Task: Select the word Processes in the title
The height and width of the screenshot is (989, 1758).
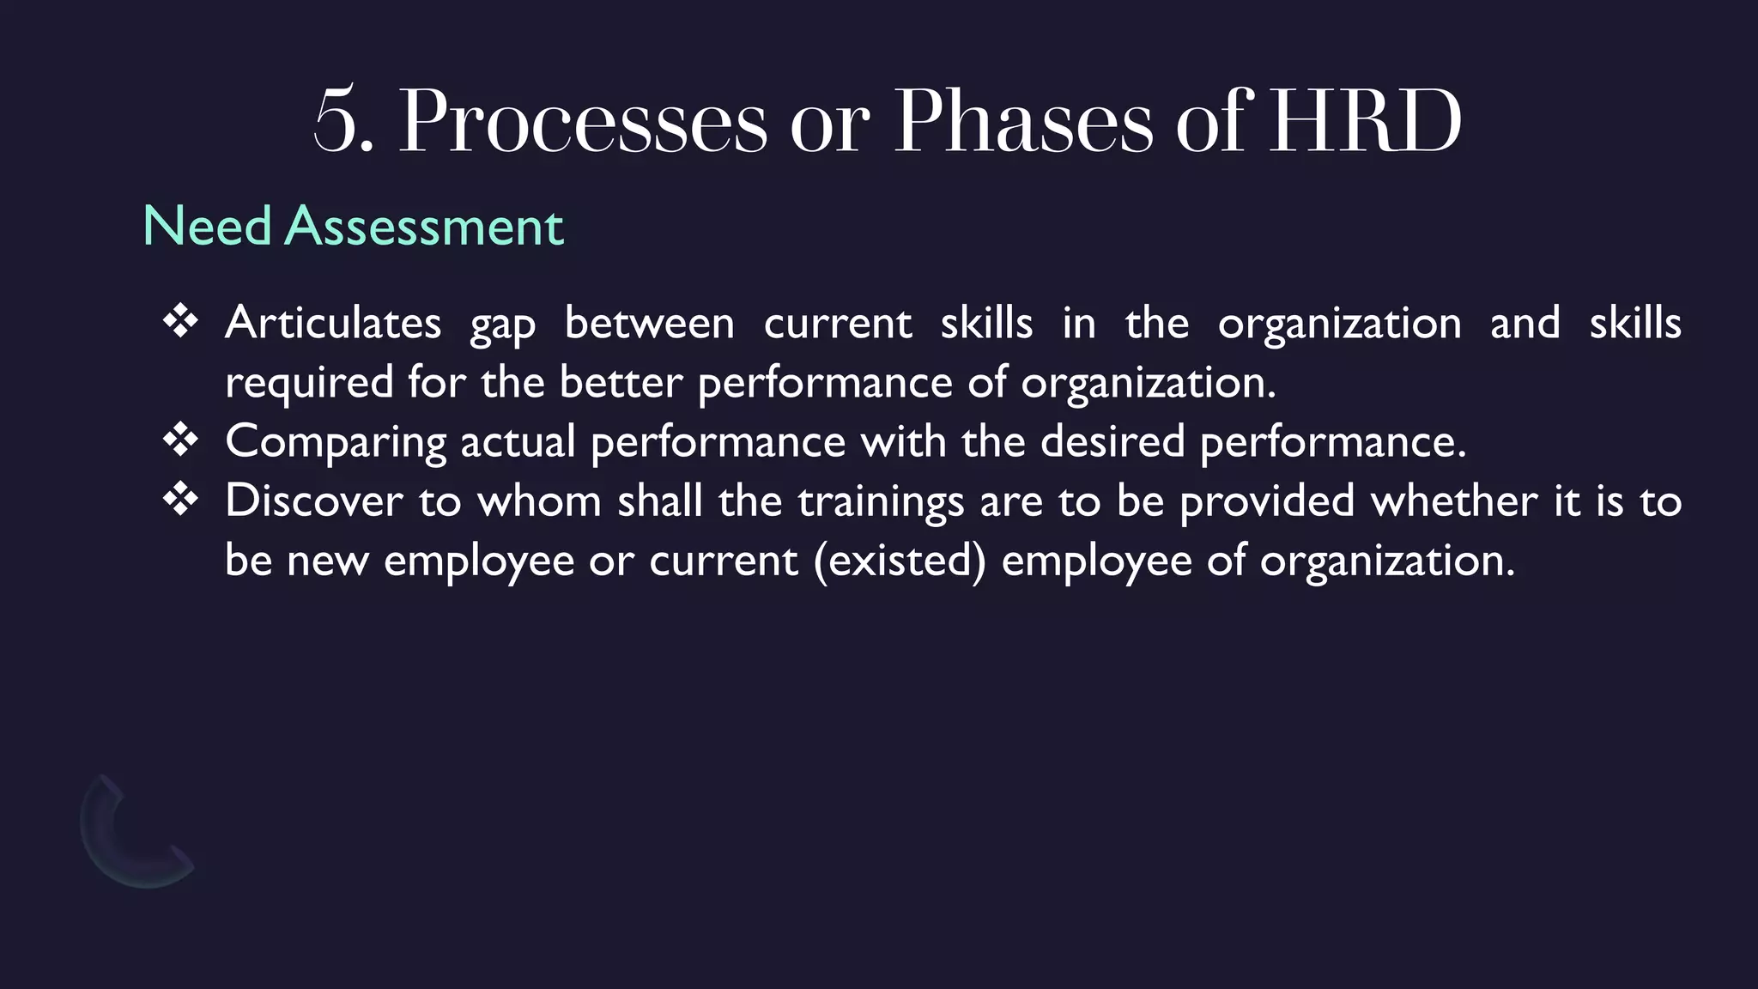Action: [x=583, y=122]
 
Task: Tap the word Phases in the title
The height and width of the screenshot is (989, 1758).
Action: [x=1023, y=122]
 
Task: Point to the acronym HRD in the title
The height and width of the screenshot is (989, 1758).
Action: [x=1365, y=122]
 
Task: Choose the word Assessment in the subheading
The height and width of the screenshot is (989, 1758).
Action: [x=424, y=227]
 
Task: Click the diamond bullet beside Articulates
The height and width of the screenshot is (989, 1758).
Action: [x=180, y=322]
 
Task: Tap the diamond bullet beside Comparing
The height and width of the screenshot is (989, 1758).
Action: [x=180, y=440]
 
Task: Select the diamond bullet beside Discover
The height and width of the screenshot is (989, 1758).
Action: [x=180, y=500]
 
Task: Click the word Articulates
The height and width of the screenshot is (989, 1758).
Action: [x=333, y=324]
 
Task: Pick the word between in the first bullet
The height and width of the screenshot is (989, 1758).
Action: [x=649, y=324]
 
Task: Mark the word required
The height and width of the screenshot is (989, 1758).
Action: [x=309, y=383]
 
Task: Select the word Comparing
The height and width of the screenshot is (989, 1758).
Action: [x=336, y=443]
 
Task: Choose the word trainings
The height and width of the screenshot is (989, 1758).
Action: [x=881, y=501]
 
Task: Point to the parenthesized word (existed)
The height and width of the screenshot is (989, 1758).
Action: [x=900, y=561]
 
